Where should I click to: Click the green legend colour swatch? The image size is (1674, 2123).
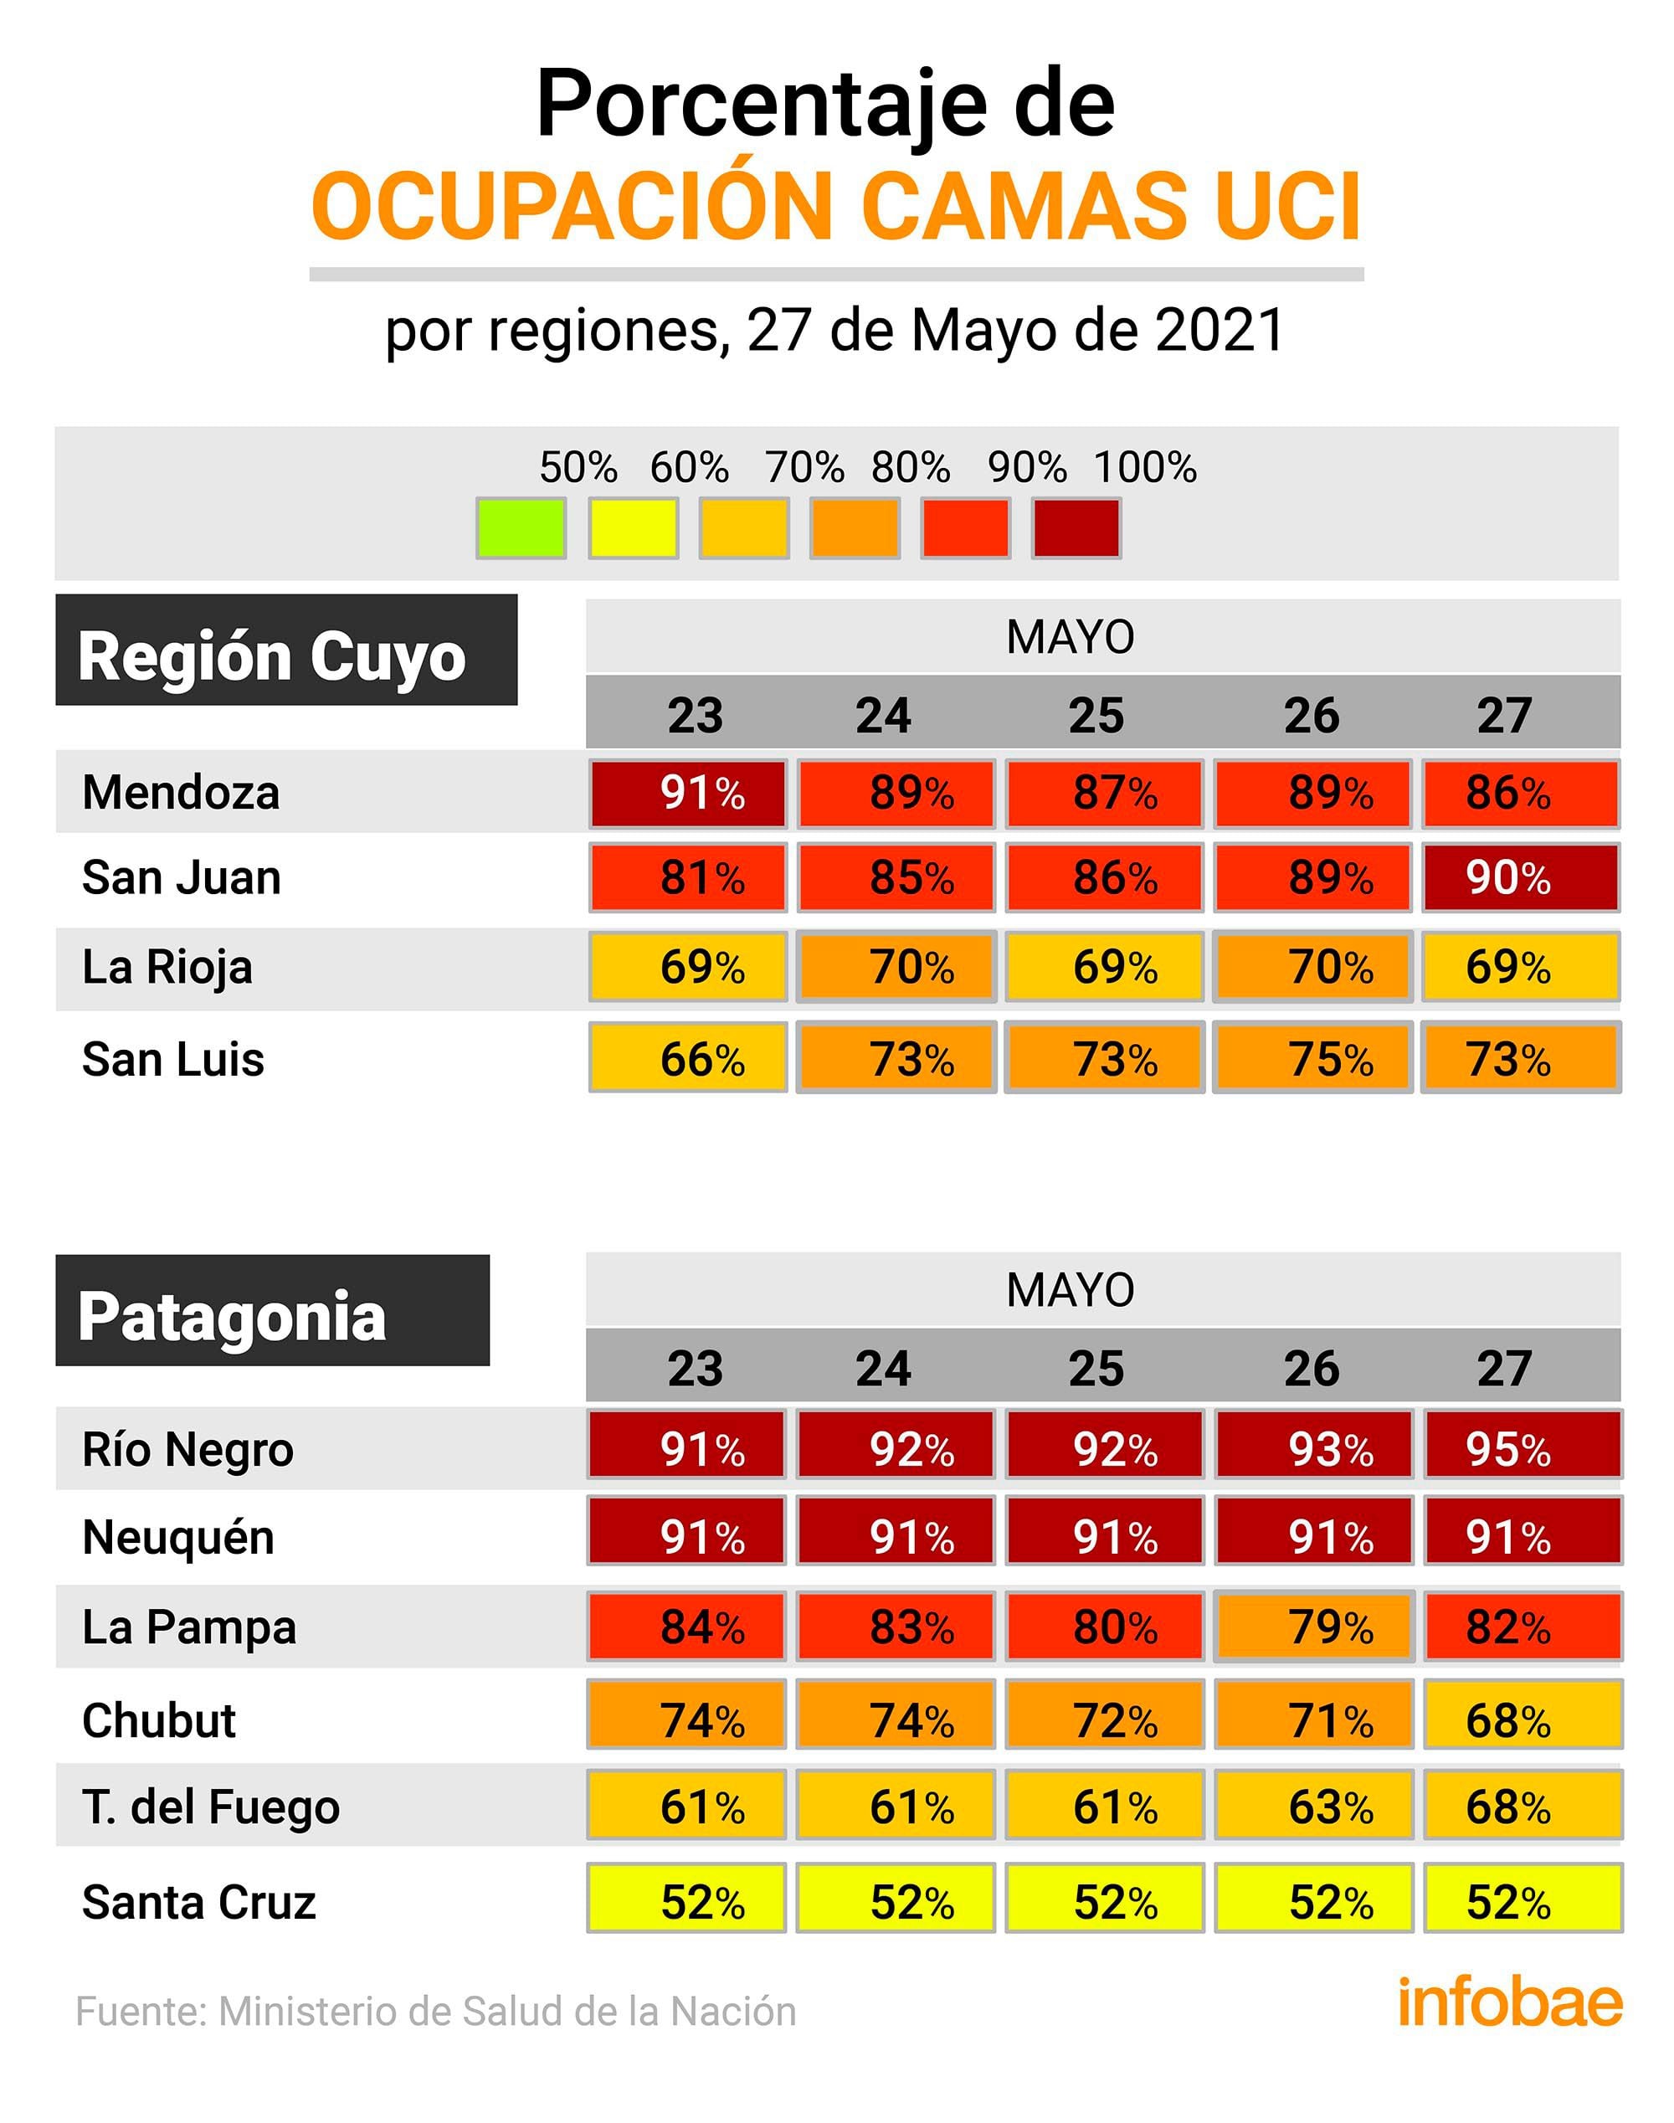click(x=521, y=528)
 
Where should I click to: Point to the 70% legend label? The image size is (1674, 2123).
click(x=804, y=467)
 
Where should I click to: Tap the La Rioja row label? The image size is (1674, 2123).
click(x=167, y=968)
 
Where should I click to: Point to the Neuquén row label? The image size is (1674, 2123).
click(x=178, y=1537)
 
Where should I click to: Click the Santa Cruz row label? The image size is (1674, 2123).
click(x=199, y=1903)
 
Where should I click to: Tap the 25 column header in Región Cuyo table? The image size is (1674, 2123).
click(x=1096, y=715)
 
